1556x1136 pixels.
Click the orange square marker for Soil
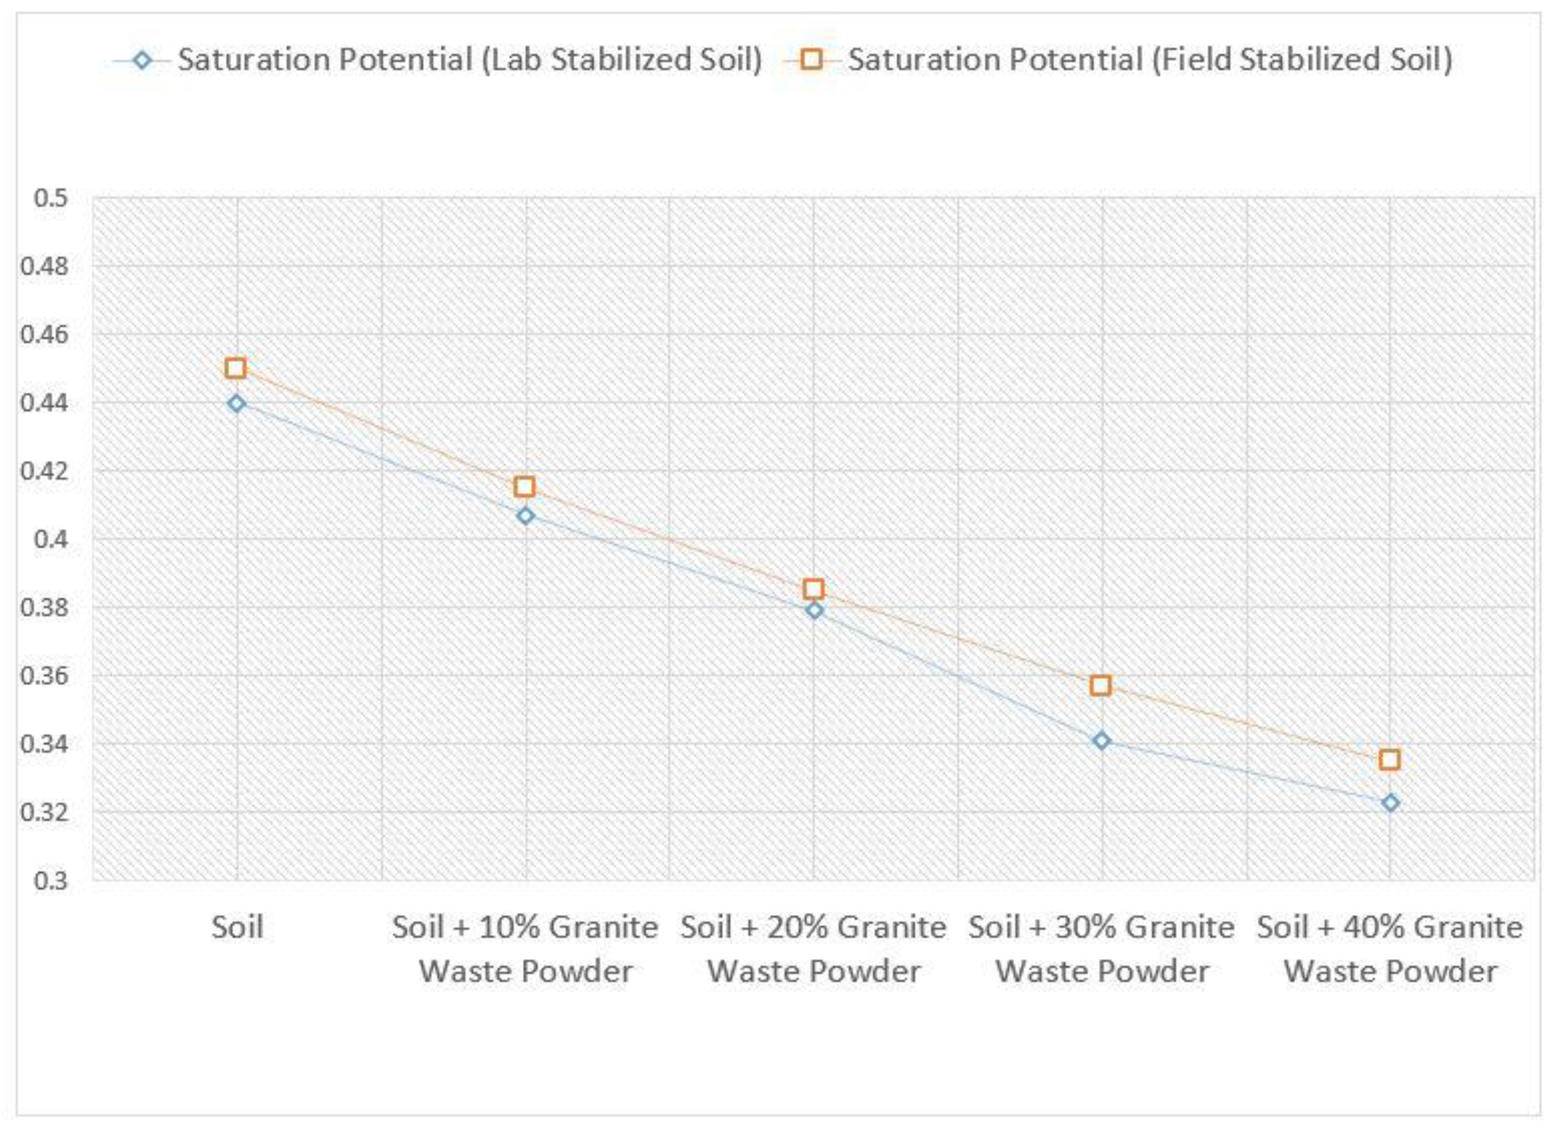tap(236, 368)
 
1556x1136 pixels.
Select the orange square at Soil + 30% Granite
tap(1101, 686)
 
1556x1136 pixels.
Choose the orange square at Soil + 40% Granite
tap(1390, 760)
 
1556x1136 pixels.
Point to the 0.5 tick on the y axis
tap(51, 199)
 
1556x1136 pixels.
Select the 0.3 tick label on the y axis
tap(51, 881)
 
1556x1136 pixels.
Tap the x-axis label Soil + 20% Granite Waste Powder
tap(813, 950)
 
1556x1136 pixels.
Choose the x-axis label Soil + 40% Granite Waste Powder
tap(1390, 950)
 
